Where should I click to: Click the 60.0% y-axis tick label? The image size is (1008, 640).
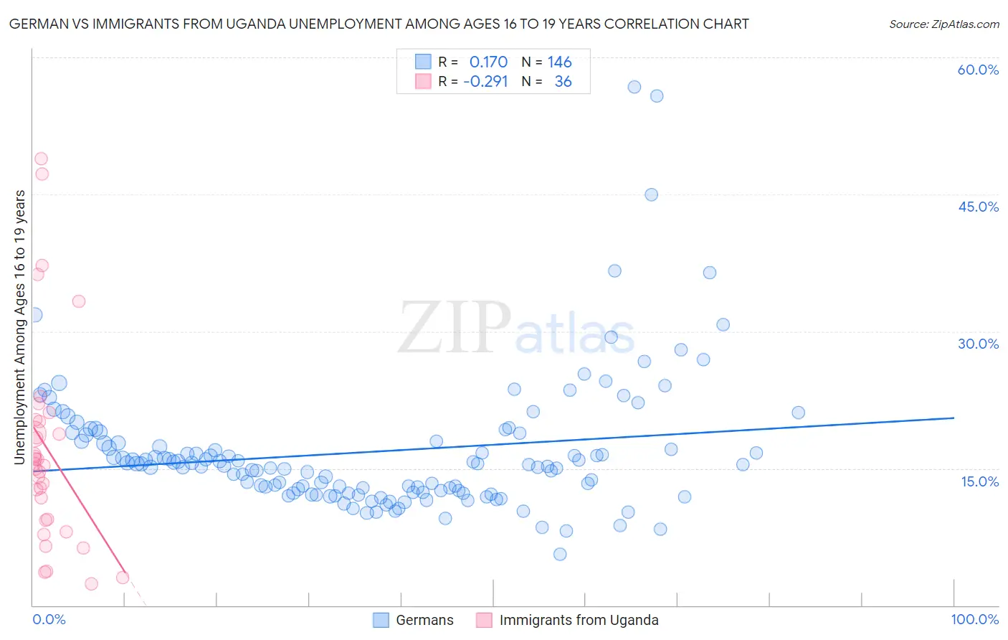(978, 70)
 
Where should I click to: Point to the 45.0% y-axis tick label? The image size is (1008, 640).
(978, 207)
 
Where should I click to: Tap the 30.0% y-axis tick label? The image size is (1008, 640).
(978, 344)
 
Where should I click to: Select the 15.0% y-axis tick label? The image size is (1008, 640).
(979, 481)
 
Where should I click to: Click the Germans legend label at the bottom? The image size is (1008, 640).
(424, 621)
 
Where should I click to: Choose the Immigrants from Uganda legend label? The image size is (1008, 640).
(579, 621)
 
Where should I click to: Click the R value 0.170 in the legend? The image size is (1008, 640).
(488, 62)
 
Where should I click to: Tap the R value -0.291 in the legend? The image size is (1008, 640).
(485, 82)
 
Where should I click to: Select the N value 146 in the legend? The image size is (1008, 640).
(560, 62)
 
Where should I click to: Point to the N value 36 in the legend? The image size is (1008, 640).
(564, 82)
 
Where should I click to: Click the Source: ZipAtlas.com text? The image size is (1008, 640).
(943, 24)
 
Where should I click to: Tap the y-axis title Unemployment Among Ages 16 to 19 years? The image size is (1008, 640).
(20, 327)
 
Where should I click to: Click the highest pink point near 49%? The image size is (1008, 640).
(41, 159)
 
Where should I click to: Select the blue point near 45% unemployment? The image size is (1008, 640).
(651, 194)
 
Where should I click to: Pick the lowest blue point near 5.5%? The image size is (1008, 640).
(560, 554)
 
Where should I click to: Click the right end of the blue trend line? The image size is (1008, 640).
(954, 418)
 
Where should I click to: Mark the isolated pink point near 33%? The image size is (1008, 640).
(79, 301)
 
